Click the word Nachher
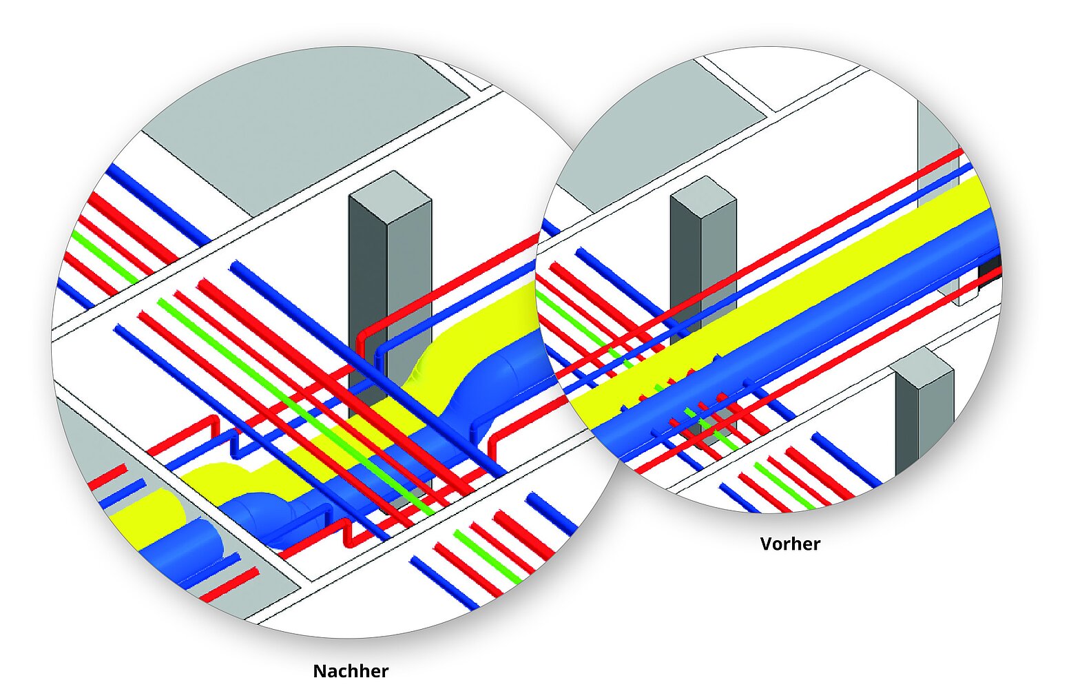pos(351,670)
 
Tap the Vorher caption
pos(790,544)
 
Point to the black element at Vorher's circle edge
pos(989,269)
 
